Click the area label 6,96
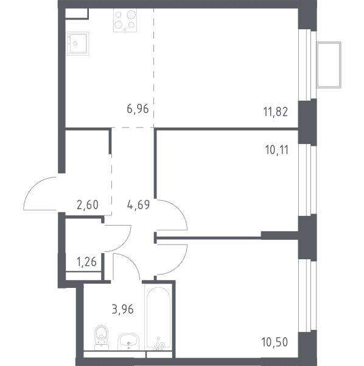tap(138, 109)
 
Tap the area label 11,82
tap(276, 112)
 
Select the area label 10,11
tap(277, 150)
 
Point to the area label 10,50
tap(275, 342)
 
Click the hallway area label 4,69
tap(138, 205)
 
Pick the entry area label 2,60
tap(88, 205)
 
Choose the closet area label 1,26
tap(86, 262)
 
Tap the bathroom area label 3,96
tap(123, 309)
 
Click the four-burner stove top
tap(125, 20)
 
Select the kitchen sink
tap(77, 43)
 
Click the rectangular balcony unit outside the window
tap(329, 65)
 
